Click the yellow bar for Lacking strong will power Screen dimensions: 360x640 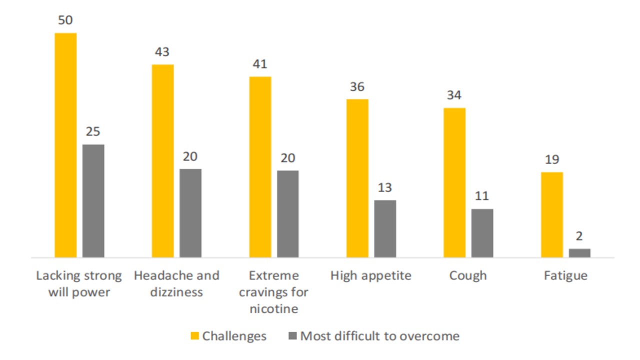tap(65, 145)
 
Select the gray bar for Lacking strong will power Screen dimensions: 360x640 tap(93, 200)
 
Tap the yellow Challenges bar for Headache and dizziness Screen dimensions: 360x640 tap(162, 160)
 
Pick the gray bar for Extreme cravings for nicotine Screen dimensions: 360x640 tap(288, 213)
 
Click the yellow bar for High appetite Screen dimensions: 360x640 tap(357, 178)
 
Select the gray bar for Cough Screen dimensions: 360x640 tap(482, 233)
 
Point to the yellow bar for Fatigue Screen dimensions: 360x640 tap(552, 214)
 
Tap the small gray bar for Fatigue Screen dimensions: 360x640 tap(580, 253)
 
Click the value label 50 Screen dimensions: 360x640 tap(65, 21)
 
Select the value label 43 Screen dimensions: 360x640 tap(162, 52)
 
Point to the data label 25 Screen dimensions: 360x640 tap(93, 132)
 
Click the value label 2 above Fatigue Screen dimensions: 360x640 tap(579, 236)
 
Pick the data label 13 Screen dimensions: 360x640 tap(385, 187)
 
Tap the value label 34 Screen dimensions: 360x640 tap(454, 95)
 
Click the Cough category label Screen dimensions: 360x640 tap(468, 275)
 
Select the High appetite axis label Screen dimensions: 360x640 tap(371, 275)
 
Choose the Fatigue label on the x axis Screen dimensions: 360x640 tap(566, 275)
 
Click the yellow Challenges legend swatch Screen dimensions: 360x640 tap(195, 335)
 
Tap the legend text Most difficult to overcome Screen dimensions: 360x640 tap(379, 335)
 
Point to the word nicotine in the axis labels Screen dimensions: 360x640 tap(273, 309)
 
